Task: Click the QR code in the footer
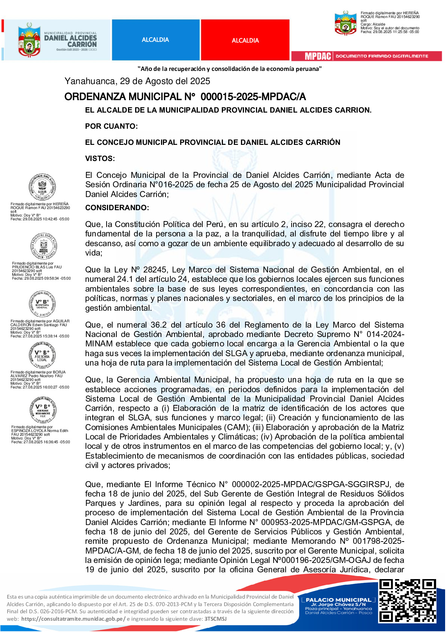coord(407,600)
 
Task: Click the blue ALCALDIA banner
coord(155,40)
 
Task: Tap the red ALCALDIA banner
coord(245,40)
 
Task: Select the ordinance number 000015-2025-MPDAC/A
coord(253,97)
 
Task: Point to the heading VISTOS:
coord(100,158)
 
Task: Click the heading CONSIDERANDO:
coord(117,208)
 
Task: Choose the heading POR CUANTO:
coord(111,126)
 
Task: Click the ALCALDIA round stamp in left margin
coord(42,187)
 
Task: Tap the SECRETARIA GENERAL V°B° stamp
coord(42,304)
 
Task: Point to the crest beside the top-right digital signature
coord(345,23)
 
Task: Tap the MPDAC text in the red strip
coord(318,56)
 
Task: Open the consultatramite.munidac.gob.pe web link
coord(73,619)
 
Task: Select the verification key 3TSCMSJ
coord(215,619)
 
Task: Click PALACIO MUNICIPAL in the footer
coord(338,600)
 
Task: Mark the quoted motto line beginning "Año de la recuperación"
coord(229,69)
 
